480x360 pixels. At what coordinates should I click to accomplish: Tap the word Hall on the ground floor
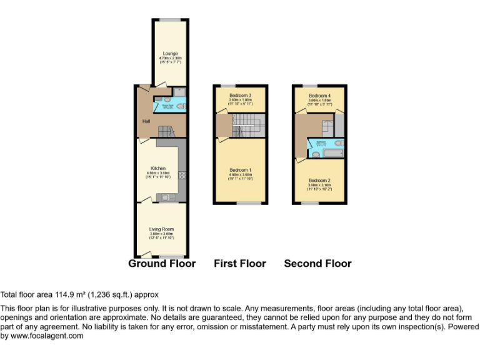[146, 121]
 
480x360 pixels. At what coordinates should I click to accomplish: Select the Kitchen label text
[158, 168]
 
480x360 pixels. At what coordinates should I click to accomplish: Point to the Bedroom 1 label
[241, 171]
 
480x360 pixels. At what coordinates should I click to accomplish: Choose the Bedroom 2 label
[319, 181]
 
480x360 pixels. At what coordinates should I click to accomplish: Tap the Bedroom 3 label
[241, 95]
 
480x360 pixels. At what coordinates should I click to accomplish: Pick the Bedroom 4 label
[319, 95]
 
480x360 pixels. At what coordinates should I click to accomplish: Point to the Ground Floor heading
[162, 264]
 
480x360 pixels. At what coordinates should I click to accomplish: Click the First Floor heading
[240, 264]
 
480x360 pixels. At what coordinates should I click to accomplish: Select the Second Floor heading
[317, 264]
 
